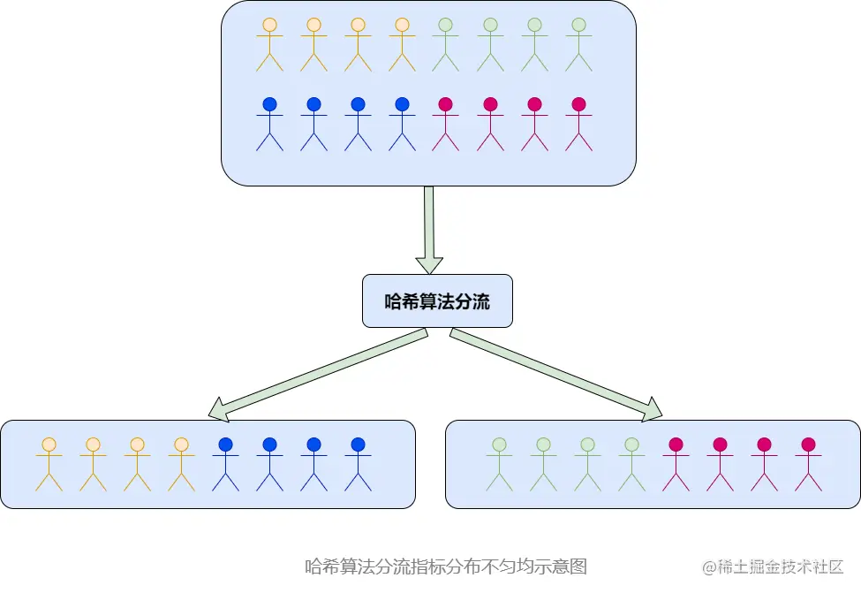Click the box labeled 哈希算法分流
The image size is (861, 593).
(x=437, y=301)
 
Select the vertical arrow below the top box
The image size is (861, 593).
(x=429, y=229)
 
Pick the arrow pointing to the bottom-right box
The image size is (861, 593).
(x=556, y=372)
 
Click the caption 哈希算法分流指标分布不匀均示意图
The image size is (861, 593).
(x=446, y=566)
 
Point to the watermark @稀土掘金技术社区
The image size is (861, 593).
(x=773, y=566)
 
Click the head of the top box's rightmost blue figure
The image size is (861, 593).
(x=402, y=104)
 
